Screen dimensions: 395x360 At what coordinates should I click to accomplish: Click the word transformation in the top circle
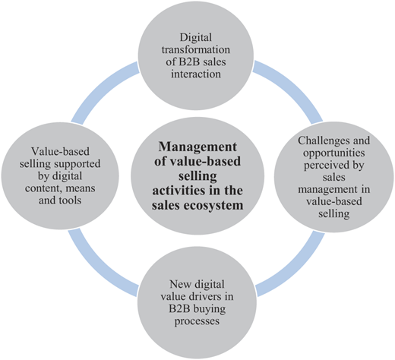196,49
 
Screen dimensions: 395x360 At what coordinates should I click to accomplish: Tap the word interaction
196,74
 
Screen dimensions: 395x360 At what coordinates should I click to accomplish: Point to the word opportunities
334,153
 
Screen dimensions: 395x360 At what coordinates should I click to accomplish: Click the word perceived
326,166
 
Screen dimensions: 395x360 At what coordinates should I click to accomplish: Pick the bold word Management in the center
197,147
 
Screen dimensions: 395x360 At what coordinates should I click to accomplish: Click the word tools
70,201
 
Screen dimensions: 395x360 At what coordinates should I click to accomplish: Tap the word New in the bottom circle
179,284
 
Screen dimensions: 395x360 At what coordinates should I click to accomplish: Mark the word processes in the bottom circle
197,321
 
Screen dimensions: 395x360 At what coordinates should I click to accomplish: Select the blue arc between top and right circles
294,87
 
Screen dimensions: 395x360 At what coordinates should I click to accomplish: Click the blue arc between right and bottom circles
296,268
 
